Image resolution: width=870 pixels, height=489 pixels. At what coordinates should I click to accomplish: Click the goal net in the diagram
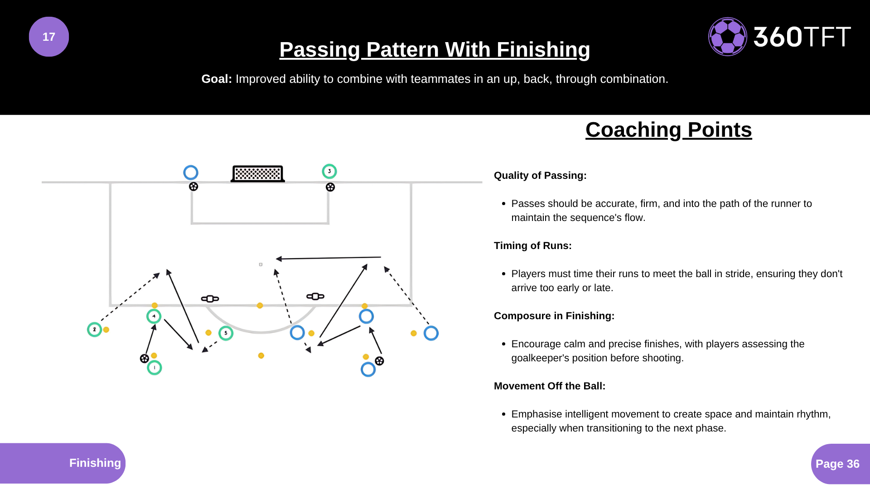(x=258, y=173)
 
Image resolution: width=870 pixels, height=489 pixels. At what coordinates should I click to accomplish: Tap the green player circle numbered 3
(x=329, y=172)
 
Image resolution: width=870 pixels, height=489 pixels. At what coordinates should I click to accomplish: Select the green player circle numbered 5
(x=226, y=333)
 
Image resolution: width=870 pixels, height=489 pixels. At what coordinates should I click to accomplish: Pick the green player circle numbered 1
(x=155, y=368)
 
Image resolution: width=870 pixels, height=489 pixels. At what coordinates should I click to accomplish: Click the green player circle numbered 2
(x=94, y=330)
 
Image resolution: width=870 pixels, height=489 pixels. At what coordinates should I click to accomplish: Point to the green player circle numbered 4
(x=154, y=316)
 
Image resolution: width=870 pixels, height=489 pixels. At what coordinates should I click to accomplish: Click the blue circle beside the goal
(x=191, y=173)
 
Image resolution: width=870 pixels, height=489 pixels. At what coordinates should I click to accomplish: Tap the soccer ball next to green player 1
(x=145, y=359)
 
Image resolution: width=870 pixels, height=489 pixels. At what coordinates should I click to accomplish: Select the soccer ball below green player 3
(x=330, y=187)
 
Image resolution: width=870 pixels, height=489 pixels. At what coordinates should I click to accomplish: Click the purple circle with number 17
(x=49, y=37)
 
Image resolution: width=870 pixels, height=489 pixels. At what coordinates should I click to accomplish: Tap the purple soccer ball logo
(x=727, y=37)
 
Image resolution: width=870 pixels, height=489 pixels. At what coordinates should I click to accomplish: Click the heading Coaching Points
(x=668, y=130)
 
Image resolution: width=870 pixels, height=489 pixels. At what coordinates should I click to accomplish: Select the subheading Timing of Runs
(x=532, y=246)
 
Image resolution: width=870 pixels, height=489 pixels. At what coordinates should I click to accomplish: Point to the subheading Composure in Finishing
(x=554, y=316)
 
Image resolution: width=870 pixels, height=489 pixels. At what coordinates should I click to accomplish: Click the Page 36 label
(x=837, y=464)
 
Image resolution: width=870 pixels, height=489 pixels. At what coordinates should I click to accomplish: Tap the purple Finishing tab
(x=95, y=463)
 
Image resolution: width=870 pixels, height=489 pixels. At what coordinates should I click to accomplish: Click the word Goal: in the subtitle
(x=217, y=79)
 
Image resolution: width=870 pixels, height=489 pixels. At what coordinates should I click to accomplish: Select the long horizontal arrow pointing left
(x=329, y=258)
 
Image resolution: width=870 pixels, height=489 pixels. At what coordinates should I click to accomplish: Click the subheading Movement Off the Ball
(x=549, y=386)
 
